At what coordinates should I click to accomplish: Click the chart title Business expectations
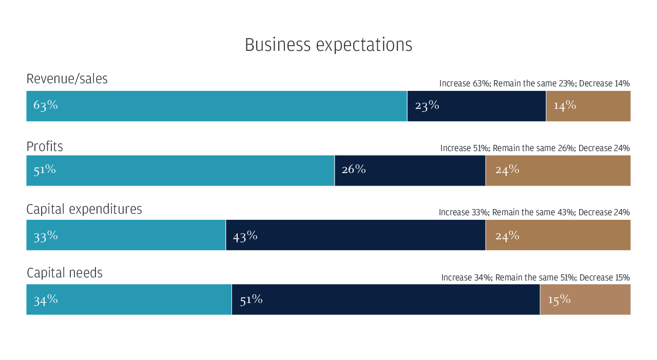coord(328,45)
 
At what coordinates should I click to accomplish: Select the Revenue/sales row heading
coord(67,79)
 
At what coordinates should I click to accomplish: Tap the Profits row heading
coord(45,146)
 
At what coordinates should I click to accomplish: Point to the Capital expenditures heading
coord(84,210)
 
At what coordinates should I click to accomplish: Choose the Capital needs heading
coord(65,273)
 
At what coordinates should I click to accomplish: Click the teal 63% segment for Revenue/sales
coord(217,106)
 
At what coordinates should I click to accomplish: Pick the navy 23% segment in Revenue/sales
coord(477,106)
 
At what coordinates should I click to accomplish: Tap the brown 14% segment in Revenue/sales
coord(588,106)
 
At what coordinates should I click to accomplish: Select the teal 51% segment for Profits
coord(180,170)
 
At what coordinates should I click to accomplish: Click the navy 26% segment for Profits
coord(410,170)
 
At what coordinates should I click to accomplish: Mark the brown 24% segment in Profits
coord(558,170)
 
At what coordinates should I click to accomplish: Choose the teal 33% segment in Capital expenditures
coord(126,235)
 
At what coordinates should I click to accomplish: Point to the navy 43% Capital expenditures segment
coord(356,235)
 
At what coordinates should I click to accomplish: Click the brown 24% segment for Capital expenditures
coord(558,235)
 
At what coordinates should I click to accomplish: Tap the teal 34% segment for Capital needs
coord(129,299)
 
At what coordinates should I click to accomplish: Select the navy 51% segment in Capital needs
coord(385,299)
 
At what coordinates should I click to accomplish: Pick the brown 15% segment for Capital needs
coord(586,299)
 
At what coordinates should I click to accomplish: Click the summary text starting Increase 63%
coord(534,84)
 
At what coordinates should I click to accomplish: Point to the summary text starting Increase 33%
coord(534,213)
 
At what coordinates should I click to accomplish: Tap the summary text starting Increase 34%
coord(535,277)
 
